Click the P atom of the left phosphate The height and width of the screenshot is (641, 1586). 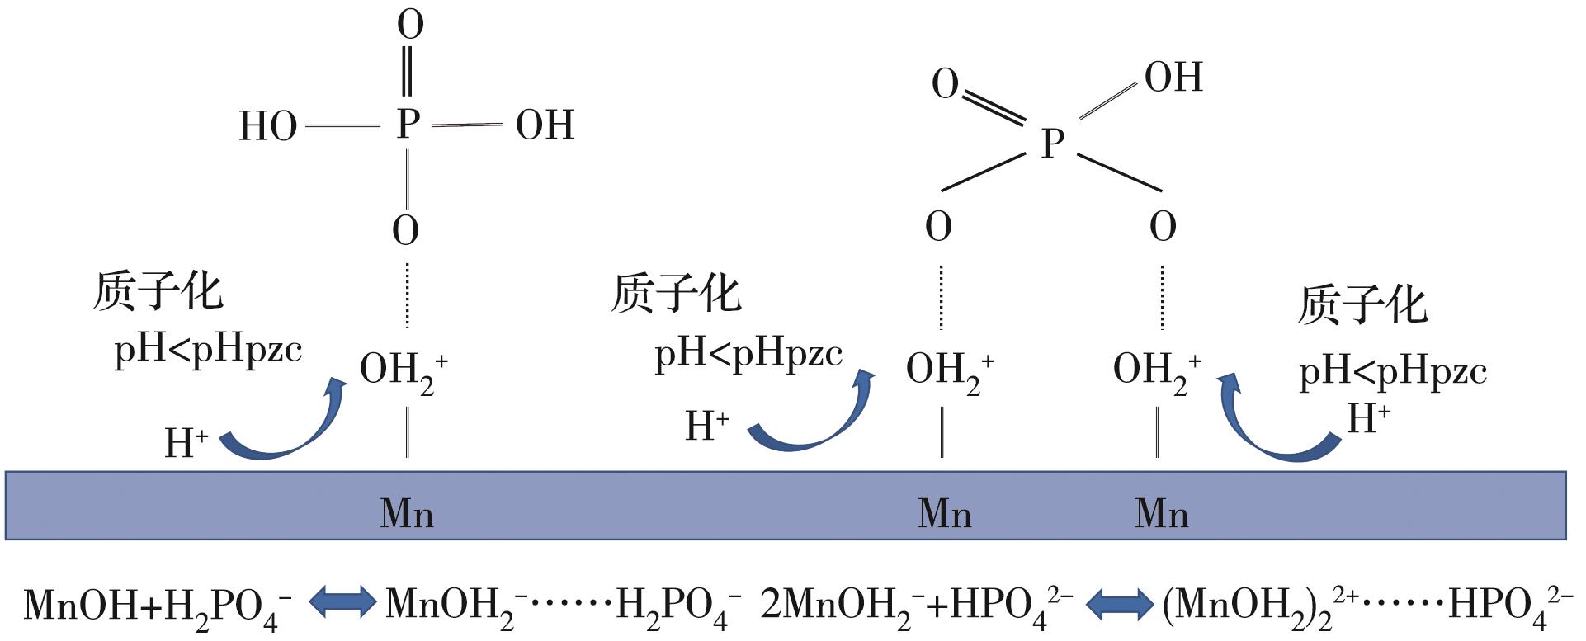pos(408,125)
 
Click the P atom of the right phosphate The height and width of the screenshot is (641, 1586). pos(1052,144)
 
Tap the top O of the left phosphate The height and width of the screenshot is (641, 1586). pos(410,25)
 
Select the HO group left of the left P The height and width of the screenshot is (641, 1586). pos(267,127)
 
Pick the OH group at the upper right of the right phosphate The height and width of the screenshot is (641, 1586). pos(1173,78)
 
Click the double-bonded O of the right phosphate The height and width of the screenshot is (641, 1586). pos(945,84)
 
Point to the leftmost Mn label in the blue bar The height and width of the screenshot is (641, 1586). pos(407,513)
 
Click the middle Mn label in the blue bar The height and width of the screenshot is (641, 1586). pos(944,513)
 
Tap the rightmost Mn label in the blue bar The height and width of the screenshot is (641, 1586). pos(1162,513)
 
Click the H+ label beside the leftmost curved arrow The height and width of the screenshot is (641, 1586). pos(186,443)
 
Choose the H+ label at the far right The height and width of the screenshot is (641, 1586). pos(1368,419)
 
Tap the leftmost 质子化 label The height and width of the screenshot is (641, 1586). pos(157,291)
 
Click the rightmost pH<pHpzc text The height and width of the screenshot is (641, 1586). pos(1392,372)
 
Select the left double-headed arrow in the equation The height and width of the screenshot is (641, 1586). pos(342,603)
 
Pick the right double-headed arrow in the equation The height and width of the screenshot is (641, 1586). pos(1119,604)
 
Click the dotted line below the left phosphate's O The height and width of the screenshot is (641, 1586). pos(407,295)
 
